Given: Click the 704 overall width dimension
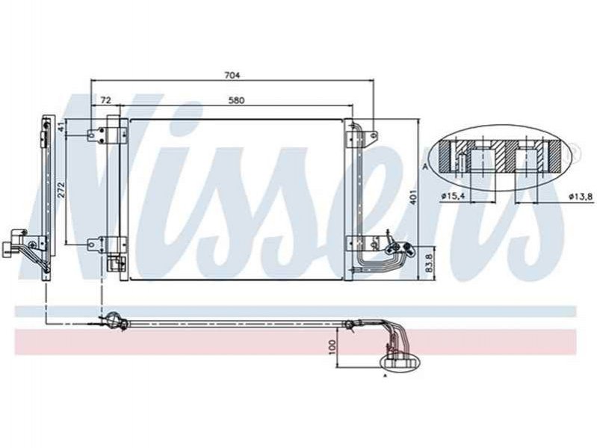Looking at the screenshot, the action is (232, 76).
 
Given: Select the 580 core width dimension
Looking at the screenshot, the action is (236, 100).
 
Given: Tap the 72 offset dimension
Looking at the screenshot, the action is (105, 100).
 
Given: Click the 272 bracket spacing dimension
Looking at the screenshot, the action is (62, 189).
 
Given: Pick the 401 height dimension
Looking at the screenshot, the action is (415, 196).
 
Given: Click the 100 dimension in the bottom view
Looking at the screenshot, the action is (332, 347).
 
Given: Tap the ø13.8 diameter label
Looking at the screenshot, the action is (581, 196).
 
